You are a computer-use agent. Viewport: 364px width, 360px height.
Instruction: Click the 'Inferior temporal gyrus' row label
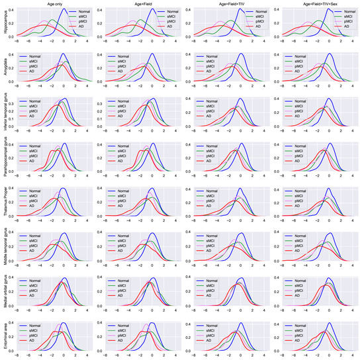click(5, 114)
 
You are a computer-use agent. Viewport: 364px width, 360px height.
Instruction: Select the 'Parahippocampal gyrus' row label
click(5, 159)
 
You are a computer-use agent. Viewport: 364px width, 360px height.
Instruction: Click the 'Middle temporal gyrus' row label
click(5, 248)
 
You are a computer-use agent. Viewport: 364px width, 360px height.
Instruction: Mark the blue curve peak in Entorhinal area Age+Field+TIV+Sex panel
click(330, 320)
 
